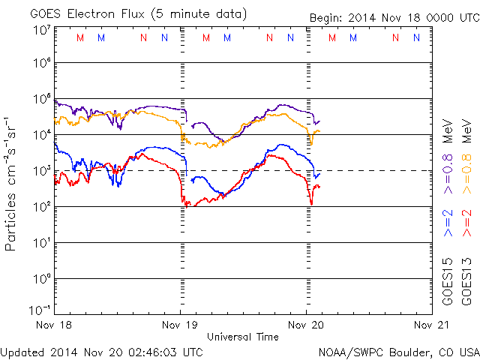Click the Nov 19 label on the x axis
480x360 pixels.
180,325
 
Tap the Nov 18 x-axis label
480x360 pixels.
55,325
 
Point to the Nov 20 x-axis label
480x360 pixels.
305,325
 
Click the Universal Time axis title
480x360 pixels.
242,337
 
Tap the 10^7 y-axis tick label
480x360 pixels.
41,29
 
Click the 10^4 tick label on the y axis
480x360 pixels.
41,135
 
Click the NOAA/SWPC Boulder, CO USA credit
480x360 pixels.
398,351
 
